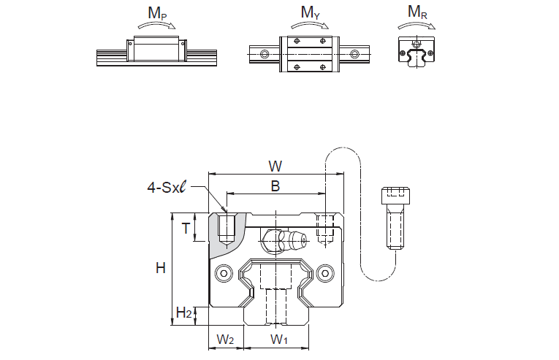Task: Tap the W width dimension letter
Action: [275, 165]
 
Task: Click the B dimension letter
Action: [275, 186]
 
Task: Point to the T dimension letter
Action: [186, 229]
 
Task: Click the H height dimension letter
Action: [160, 269]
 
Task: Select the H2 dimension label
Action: [184, 314]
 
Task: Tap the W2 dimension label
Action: [227, 340]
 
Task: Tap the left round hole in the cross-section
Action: [223, 272]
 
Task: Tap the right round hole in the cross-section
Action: [324, 272]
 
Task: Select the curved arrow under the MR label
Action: [417, 26]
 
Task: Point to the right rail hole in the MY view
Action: [355, 53]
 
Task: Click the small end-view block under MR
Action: [417, 52]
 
